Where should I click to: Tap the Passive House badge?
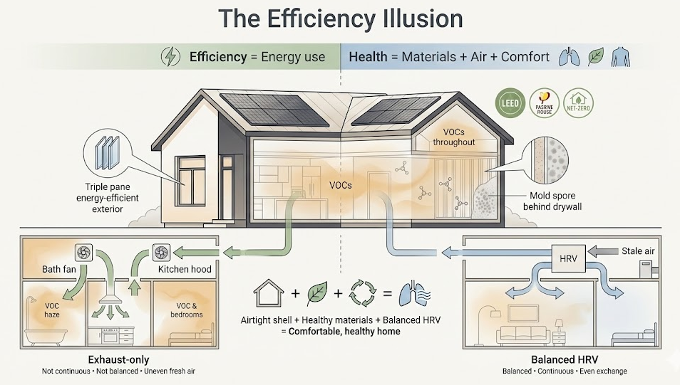[x=543, y=104]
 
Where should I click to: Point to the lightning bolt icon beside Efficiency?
[x=171, y=56]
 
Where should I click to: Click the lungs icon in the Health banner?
[x=567, y=56]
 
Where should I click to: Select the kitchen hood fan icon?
[x=161, y=252]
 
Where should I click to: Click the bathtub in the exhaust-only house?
[x=44, y=334]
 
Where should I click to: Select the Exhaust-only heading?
[x=118, y=359]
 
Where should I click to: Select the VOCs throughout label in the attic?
[x=454, y=137]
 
